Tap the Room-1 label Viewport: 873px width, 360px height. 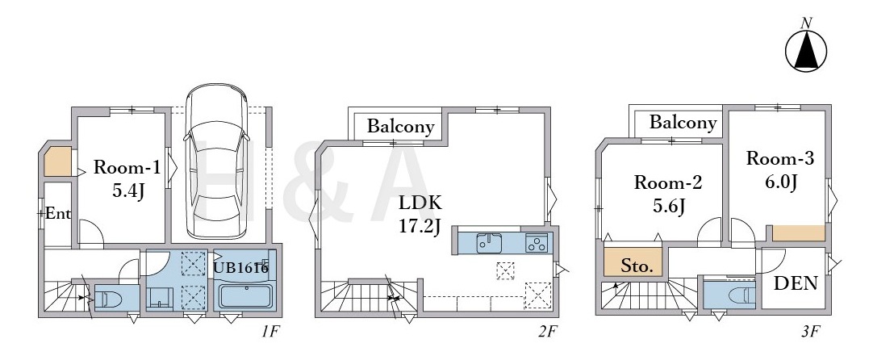click(x=127, y=167)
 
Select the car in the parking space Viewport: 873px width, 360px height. click(x=216, y=161)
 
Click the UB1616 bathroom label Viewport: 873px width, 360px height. click(x=241, y=268)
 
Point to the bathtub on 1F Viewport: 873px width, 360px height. click(x=245, y=296)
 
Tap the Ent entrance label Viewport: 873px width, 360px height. click(x=58, y=213)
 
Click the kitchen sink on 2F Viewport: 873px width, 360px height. click(x=489, y=244)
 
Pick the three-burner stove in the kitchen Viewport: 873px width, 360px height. click(x=537, y=244)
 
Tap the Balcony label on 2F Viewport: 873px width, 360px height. click(x=400, y=127)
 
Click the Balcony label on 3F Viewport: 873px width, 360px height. click(x=683, y=122)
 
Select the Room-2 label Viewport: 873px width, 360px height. click(x=668, y=182)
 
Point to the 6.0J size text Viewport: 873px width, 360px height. click(x=780, y=182)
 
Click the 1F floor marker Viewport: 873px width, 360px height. click(x=270, y=333)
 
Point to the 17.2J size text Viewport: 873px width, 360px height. click(x=420, y=227)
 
